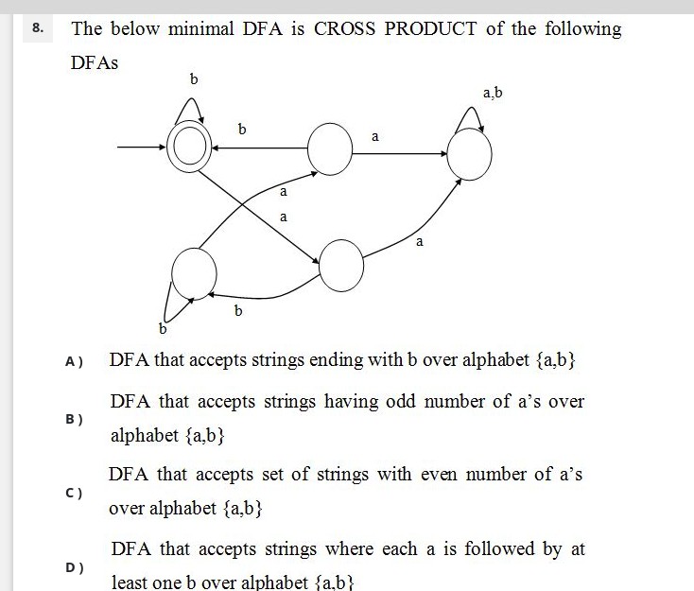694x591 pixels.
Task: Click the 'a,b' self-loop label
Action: [x=493, y=93]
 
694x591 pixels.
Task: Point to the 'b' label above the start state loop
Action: [x=194, y=79]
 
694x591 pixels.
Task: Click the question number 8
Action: [x=38, y=28]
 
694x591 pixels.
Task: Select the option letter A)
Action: [x=74, y=362]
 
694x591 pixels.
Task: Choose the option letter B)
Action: [x=74, y=419]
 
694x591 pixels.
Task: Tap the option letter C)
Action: [x=74, y=493]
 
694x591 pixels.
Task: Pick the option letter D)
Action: [x=74, y=567]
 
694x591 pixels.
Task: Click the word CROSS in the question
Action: [x=344, y=29]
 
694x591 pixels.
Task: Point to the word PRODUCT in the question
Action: [x=430, y=29]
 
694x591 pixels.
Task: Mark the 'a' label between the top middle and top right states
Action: [x=375, y=136]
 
